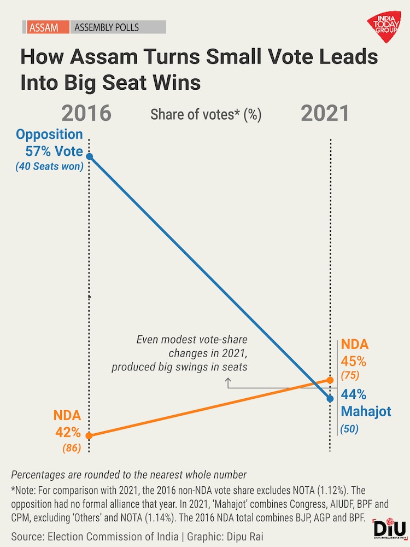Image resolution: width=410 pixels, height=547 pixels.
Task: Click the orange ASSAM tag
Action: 45,27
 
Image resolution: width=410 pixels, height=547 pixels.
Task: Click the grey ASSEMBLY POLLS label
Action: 107,27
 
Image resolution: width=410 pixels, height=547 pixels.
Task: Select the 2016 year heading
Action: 86,113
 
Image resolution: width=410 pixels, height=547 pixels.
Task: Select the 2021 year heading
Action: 325,113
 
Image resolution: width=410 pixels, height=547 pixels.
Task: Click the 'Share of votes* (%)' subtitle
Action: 206,114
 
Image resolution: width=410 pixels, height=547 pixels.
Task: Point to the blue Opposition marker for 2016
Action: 90,156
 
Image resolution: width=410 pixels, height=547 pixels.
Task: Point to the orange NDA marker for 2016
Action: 90,436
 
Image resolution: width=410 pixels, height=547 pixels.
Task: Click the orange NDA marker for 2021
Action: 330,380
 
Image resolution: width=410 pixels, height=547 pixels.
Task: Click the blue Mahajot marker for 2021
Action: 330,399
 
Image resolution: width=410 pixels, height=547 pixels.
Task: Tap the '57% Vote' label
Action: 54,152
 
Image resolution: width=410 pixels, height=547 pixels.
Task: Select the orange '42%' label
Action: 68,433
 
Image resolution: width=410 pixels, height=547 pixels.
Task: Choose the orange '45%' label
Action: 354,362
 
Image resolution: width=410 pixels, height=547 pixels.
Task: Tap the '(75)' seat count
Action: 350,376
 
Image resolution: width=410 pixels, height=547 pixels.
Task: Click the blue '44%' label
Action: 354,394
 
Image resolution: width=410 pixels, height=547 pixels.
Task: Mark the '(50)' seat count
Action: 349,429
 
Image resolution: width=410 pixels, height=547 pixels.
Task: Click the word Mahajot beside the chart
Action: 366,411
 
